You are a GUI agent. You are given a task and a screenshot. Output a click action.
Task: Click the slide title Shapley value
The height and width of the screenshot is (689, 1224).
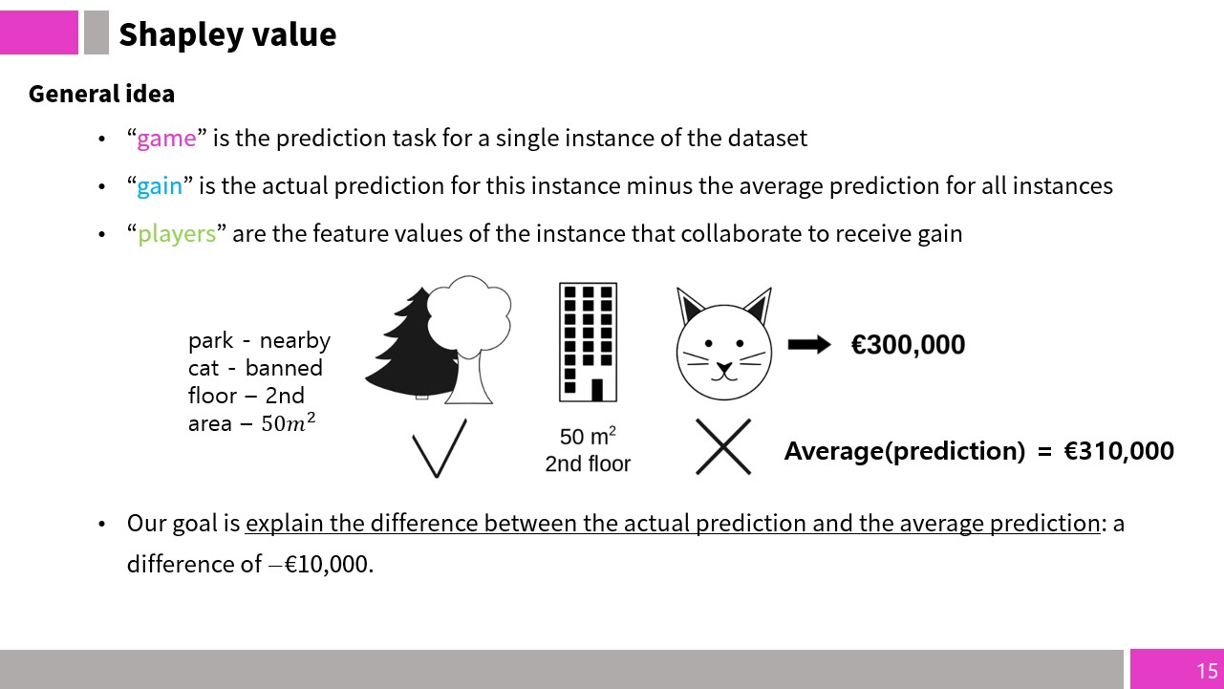click(x=227, y=34)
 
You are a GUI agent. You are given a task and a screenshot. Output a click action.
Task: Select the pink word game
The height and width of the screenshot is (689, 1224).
click(x=166, y=139)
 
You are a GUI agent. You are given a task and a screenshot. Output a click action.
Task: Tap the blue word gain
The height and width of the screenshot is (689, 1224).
click(x=159, y=186)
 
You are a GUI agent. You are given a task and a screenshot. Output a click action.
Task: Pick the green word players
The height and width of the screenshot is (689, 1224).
click(x=177, y=234)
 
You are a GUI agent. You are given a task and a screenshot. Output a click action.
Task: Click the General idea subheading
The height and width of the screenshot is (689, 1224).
click(x=101, y=94)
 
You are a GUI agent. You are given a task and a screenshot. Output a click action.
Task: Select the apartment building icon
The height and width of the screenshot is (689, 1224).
click(x=588, y=342)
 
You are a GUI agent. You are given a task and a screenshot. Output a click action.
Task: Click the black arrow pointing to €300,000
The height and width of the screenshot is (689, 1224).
click(x=809, y=345)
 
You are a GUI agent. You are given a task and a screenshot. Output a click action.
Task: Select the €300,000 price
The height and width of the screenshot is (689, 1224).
click(x=908, y=345)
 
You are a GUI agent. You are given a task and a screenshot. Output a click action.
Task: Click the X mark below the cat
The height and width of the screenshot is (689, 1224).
click(x=723, y=447)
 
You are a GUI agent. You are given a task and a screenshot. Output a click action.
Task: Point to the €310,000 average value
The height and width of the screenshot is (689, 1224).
click(x=1119, y=451)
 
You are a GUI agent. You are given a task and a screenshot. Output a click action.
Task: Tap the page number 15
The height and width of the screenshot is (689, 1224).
click(x=1207, y=671)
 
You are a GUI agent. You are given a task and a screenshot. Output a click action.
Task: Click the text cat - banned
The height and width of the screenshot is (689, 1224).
click(x=255, y=368)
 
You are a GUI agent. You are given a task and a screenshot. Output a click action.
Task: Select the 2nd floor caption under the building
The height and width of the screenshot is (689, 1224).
click(x=588, y=463)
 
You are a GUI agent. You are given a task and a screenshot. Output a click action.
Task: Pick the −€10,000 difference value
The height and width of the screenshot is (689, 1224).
click(x=321, y=565)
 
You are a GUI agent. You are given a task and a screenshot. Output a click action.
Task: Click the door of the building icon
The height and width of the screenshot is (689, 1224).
click(x=597, y=390)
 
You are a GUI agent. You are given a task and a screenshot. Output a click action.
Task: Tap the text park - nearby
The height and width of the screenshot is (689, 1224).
click(x=260, y=341)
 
